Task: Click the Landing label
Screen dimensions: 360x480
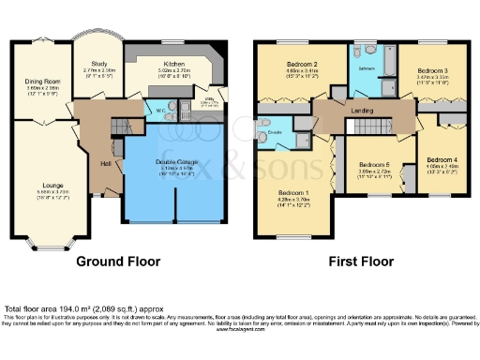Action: pyautogui.click(x=363, y=112)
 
